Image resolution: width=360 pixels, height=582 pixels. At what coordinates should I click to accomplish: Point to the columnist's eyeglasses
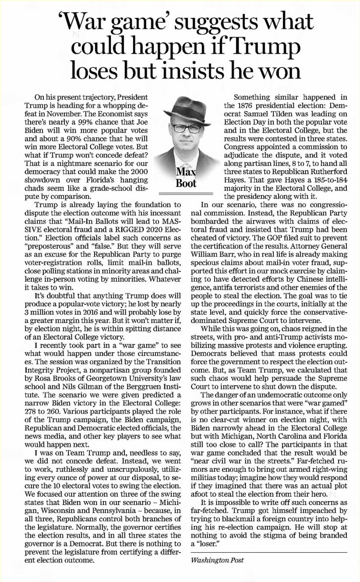point(186,129)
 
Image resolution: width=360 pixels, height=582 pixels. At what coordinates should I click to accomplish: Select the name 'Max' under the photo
point(186,171)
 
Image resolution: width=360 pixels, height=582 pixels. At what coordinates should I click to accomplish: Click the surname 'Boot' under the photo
point(186,183)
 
